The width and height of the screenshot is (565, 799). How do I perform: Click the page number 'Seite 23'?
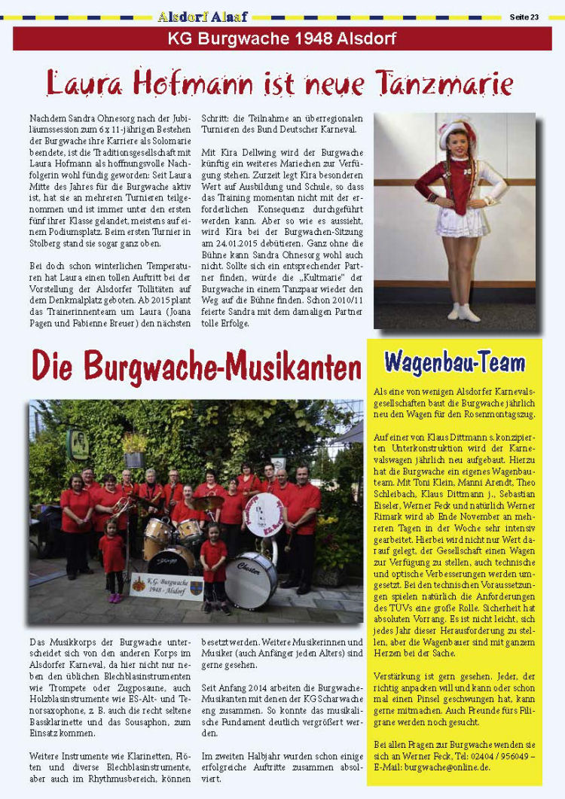coord(524,17)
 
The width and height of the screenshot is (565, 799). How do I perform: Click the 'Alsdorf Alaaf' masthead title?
coord(203,17)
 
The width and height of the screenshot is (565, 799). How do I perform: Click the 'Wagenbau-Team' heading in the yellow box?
coord(454,362)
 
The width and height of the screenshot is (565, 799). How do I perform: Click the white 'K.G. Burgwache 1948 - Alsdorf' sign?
coord(166,584)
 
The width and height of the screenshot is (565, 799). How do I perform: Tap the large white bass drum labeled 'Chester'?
coord(251,580)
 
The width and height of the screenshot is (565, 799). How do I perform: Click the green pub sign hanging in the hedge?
coord(78,444)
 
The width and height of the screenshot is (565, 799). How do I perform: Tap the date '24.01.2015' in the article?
coord(227,242)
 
